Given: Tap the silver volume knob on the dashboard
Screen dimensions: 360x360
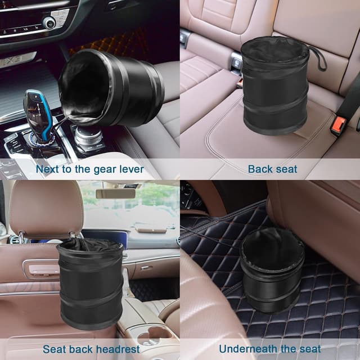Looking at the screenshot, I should coord(49,22).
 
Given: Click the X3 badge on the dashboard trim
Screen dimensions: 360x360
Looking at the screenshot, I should coord(16,60).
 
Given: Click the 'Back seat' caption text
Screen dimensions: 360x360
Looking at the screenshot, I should coord(272,169).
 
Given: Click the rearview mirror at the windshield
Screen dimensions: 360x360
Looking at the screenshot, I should coord(115,193).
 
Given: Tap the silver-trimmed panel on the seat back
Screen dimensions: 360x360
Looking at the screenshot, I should coord(42,269).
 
